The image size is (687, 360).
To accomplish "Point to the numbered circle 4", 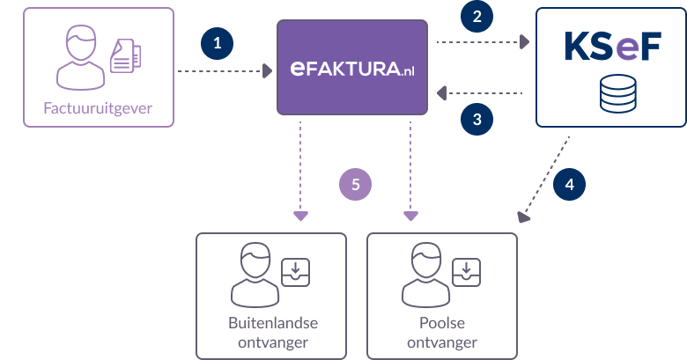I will [569, 185].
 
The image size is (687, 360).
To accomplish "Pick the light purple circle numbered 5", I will [356, 184].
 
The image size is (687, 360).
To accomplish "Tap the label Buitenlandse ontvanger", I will [266, 333].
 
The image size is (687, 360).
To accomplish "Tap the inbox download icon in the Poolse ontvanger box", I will [465, 274].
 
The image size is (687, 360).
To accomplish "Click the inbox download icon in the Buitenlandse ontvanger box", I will [293, 274].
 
